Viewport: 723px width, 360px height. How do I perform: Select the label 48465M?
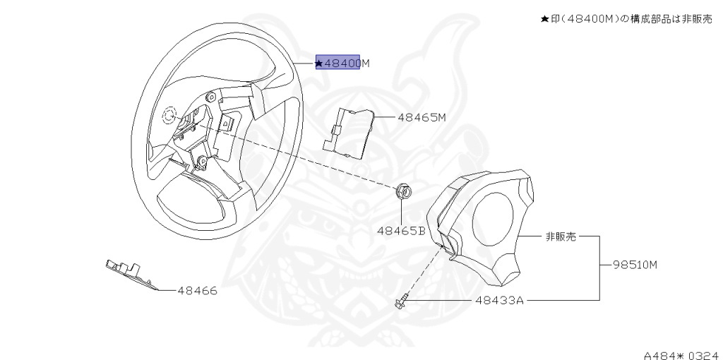point(422,117)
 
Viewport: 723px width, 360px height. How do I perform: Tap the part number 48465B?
point(400,230)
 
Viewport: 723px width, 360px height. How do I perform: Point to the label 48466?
point(197,290)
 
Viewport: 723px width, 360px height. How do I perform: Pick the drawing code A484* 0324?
point(682,351)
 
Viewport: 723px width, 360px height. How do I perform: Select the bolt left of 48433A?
point(400,303)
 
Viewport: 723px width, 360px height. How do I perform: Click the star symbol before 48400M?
point(320,64)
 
